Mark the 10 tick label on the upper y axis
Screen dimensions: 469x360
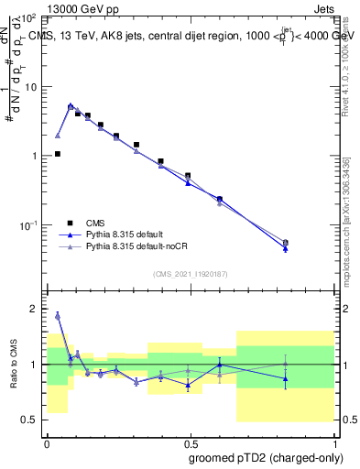coord(30,87)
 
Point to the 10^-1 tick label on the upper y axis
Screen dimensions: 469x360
coord(28,225)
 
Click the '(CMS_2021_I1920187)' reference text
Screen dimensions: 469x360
coord(190,274)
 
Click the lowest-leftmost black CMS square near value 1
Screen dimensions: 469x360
coord(58,154)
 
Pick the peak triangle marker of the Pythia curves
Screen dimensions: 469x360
coord(71,106)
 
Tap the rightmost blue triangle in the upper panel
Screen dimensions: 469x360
coord(286,248)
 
